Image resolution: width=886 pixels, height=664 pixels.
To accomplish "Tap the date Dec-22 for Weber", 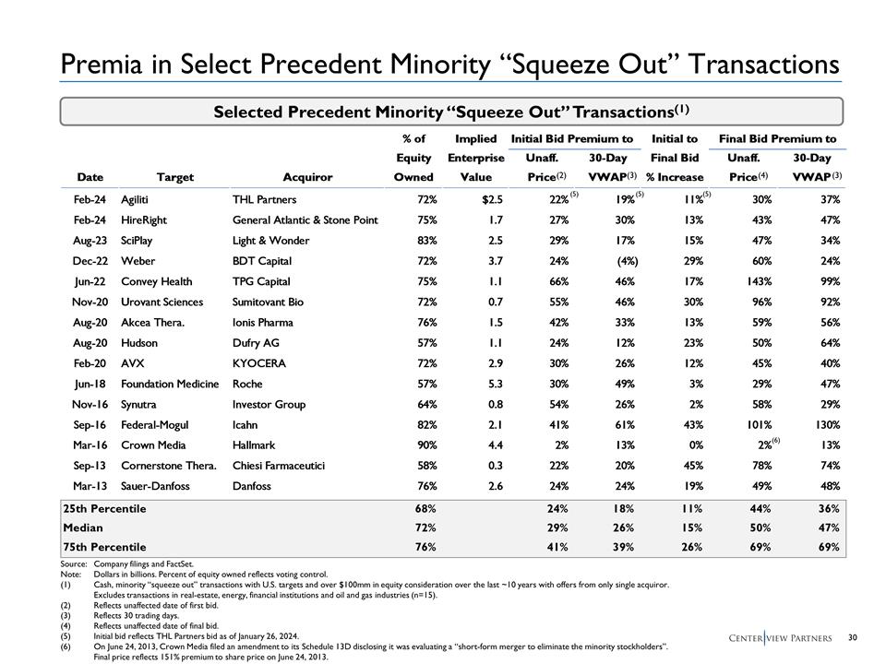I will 90,261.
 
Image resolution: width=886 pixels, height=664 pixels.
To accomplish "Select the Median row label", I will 83,528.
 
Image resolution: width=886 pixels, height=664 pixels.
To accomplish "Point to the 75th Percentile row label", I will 106,547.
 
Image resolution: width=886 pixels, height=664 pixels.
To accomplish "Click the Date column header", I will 90,177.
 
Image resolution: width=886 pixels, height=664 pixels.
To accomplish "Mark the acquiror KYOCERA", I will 259,362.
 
